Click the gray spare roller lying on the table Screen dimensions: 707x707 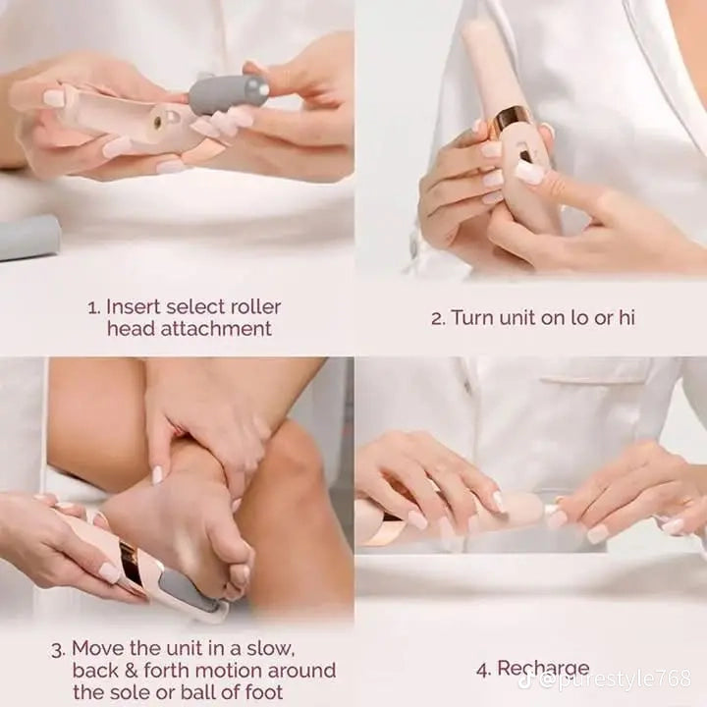(x=27, y=237)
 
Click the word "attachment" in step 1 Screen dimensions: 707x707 (x=220, y=329)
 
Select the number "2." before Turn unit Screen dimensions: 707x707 (x=438, y=318)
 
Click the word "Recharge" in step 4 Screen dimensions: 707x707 (x=543, y=669)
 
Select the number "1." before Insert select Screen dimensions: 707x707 (x=94, y=306)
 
